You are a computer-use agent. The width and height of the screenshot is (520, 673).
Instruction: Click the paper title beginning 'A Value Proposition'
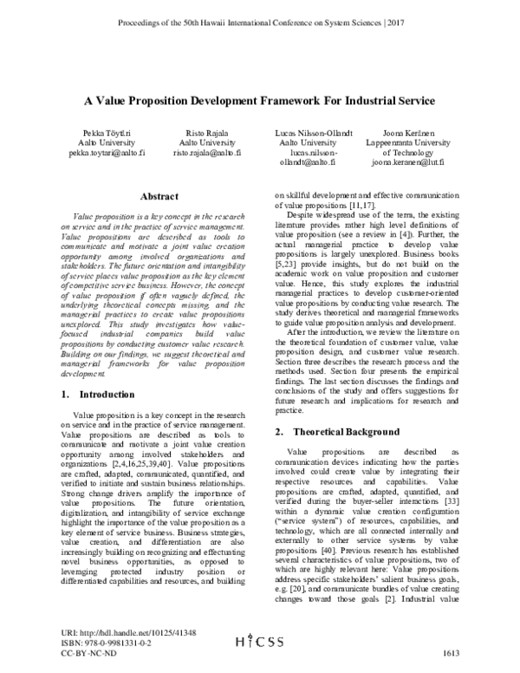259,101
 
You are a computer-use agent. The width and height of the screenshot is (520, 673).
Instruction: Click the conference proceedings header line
260,19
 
